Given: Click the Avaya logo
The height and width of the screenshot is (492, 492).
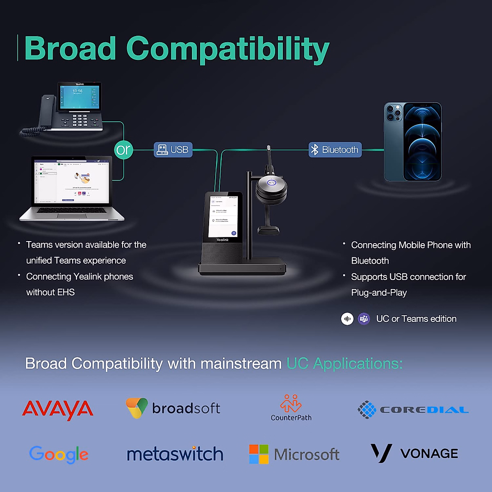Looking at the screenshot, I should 58,410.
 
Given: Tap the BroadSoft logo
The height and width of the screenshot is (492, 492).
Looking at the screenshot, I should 173,408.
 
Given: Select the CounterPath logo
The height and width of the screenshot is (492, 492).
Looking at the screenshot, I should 291,408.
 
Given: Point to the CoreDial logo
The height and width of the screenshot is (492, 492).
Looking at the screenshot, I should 413,410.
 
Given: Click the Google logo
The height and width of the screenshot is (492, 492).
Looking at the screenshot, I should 59,454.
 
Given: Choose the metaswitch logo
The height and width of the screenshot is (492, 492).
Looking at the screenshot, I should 175,454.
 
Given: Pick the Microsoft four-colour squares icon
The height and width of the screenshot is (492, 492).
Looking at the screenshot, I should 259,454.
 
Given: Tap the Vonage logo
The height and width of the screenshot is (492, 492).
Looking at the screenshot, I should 414,453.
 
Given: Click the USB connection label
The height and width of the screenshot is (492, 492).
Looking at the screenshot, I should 173,150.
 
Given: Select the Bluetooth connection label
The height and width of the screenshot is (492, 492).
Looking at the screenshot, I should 335,150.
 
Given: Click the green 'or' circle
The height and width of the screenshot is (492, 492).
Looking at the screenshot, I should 123,150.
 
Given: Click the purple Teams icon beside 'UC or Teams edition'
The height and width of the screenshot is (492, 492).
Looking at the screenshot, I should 364,319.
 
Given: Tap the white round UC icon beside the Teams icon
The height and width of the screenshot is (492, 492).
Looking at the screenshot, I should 347,319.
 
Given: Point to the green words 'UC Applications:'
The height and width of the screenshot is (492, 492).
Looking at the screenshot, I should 344,364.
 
